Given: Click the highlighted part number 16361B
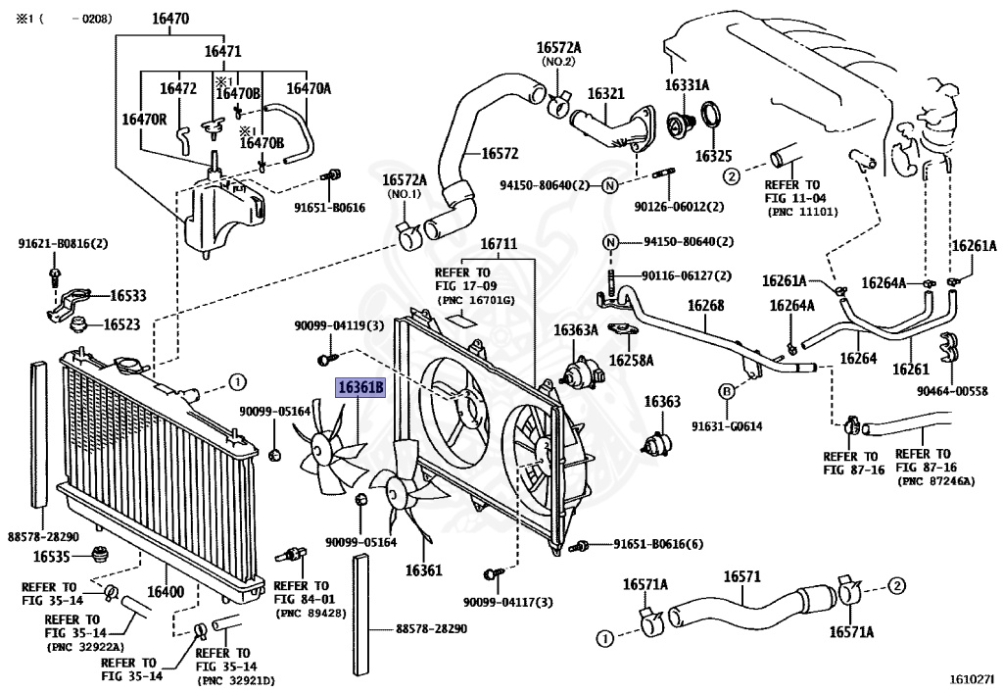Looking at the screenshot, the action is tap(361, 388).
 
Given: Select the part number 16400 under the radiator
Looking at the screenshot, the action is tap(166, 591).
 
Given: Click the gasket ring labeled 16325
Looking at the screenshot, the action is tap(713, 123).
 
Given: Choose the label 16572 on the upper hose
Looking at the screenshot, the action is tap(500, 154).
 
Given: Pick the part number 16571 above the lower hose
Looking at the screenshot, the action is tap(742, 577).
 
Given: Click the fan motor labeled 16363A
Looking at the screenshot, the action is tap(580, 371).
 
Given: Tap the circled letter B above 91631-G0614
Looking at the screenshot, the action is tap(726, 392).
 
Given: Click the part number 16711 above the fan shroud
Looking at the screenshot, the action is tap(499, 244).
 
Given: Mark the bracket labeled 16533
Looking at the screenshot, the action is tap(69, 302).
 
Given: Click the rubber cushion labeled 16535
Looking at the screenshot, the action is tap(99, 554).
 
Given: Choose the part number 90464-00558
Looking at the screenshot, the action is tap(952, 392).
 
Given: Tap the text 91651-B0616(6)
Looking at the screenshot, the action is tap(658, 544).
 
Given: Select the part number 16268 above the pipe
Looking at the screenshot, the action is tap(705, 305).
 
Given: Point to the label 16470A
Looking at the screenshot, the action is tap(309, 88).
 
